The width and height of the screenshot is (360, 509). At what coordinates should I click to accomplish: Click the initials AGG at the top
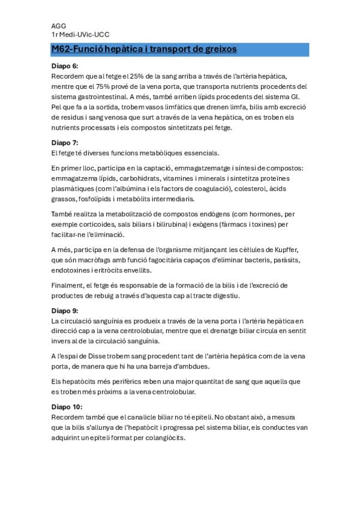(x=58, y=27)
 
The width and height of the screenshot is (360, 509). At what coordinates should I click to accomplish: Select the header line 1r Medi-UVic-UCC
(x=80, y=35)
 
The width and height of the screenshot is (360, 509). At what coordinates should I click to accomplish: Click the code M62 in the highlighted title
(x=62, y=49)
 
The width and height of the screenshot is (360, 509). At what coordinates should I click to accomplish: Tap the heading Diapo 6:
(x=65, y=66)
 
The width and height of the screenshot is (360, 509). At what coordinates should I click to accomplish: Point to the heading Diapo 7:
(x=65, y=143)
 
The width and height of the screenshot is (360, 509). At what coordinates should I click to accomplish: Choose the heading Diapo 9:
(x=65, y=311)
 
